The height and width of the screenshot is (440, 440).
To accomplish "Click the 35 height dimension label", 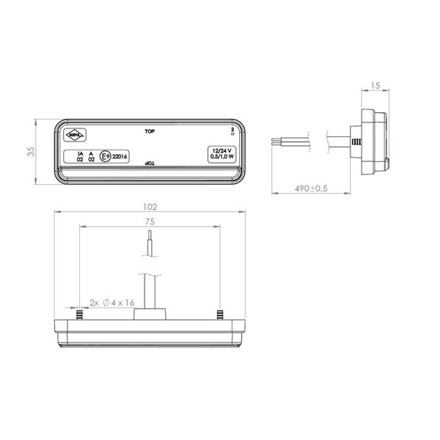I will click(x=30, y=152).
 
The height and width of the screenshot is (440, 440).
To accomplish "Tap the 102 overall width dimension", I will click(x=149, y=206).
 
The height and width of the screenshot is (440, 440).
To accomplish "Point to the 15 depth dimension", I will click(x=375, y=86).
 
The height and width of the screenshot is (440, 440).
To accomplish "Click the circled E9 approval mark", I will click(x=106, y=155).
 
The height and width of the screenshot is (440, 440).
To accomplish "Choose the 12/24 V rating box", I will click(x=221, y=153).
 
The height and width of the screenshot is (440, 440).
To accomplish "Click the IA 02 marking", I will click(x=80, y=155).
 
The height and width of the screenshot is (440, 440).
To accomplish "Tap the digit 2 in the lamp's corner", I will click(x=232, y=129).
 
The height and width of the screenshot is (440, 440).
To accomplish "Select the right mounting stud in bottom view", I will click(x=219, y=315).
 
